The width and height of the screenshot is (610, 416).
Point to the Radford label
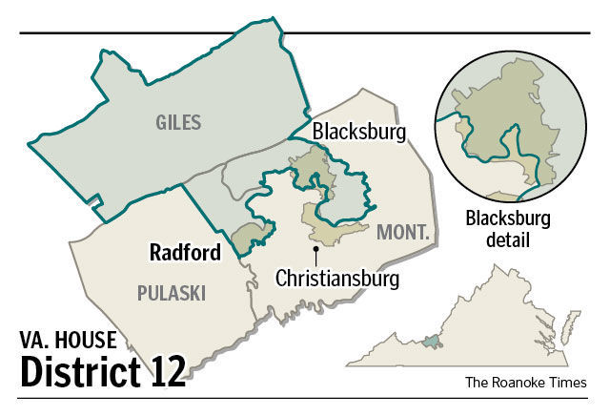pyautogui.click(x=185, y=253)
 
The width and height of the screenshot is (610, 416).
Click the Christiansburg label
pyautogui.click(x=335, y=279)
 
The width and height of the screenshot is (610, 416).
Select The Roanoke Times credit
pyautogui.click(x=525, y=383)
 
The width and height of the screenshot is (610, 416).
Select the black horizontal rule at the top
pyautogui.click(x=305, y=33)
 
